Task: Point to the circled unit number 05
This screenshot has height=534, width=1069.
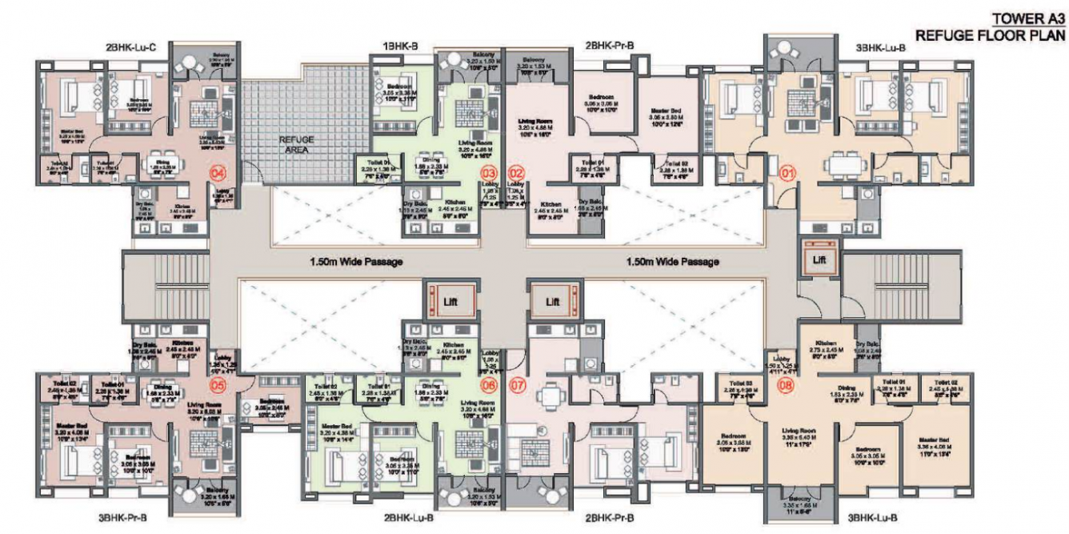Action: (x=215, y=385)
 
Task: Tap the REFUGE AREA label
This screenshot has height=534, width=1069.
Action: (x=296, y=144)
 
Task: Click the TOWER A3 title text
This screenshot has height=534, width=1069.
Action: (x=1028, y=19)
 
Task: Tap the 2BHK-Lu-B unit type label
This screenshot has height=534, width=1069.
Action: (x=408, y=518)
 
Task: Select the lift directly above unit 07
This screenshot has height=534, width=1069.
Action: (x=552, y=301)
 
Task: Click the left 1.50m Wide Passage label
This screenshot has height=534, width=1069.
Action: (x=356, y=262)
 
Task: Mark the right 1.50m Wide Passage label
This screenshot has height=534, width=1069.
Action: (x=672, y=262)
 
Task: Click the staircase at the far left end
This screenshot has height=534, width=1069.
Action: (x=166, y=284)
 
